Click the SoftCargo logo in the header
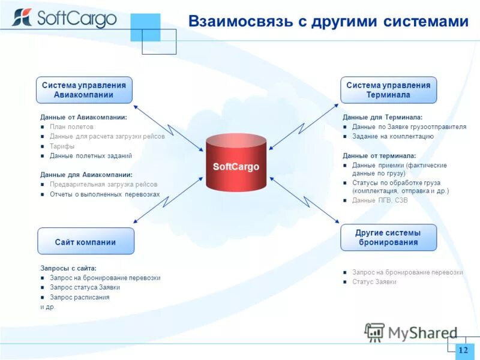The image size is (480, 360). click(64, 19)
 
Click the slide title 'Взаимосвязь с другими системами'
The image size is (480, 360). click(328, 22)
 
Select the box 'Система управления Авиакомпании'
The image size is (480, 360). click(84, 90)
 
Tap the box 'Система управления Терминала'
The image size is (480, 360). click(388, 90)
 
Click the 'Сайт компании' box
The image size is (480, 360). click(85, 242)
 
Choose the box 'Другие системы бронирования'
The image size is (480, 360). click(388, 238)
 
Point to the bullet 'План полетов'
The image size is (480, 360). click(71, 127)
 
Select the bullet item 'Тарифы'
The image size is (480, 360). click(62, 146)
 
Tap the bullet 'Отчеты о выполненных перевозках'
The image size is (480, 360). click(104, 194)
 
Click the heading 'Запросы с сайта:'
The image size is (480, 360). click(68, 268)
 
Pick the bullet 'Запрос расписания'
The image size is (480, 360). click(79, 297)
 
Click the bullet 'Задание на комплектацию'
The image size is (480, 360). click(392, 136)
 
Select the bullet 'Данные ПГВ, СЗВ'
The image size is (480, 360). click(379, 200)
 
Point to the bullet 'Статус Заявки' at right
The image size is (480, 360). click(374, 282)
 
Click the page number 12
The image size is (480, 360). click(463, 350)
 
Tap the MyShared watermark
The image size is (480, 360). click(411, 332)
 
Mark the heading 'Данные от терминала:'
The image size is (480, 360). click(379, 155)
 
